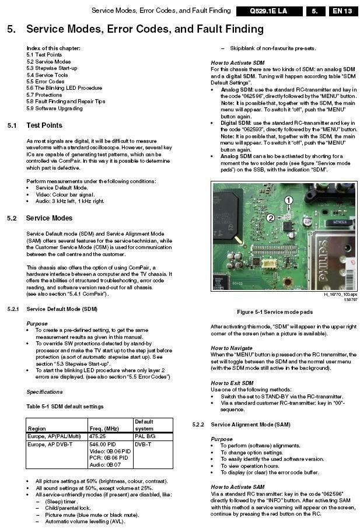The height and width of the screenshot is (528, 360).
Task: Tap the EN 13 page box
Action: pyautogui.click(x=342, y=11)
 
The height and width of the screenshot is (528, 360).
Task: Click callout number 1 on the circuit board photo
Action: pyautogui.click(x=288, y=200)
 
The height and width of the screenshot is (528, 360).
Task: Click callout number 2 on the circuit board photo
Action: pyautogui.click(x=270, y=218)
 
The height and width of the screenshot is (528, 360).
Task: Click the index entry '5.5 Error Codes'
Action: pyautogui.click(x=46, y=82)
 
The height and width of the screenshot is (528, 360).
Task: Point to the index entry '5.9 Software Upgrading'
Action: pyautogui.click(x=54, y=108)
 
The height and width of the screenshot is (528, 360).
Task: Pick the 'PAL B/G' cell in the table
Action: pyautogui.click(x=146, y=435)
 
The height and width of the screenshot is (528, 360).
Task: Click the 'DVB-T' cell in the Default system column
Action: pyautogui.click(x=143, y=443)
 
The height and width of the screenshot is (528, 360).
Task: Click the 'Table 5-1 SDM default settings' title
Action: pyautogui.click(x=65, y=406)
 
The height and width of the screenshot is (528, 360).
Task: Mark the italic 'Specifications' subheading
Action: pyautogui.click(x=44, y=391)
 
